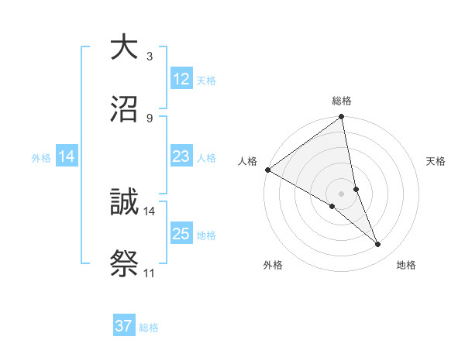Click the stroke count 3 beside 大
point(150,57)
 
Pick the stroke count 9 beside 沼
point(150,117)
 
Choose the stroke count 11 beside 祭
point(150,273)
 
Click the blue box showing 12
point(181,78)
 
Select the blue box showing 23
point(181,156)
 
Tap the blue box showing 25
point(181,234)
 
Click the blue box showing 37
point(124,326)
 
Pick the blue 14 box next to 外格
point(67,156)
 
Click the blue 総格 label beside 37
point(149,328)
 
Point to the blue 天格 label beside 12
point(206,80)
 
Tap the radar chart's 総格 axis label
point(342,101)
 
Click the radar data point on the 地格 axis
point(378,245)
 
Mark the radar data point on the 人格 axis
point(267,170)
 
